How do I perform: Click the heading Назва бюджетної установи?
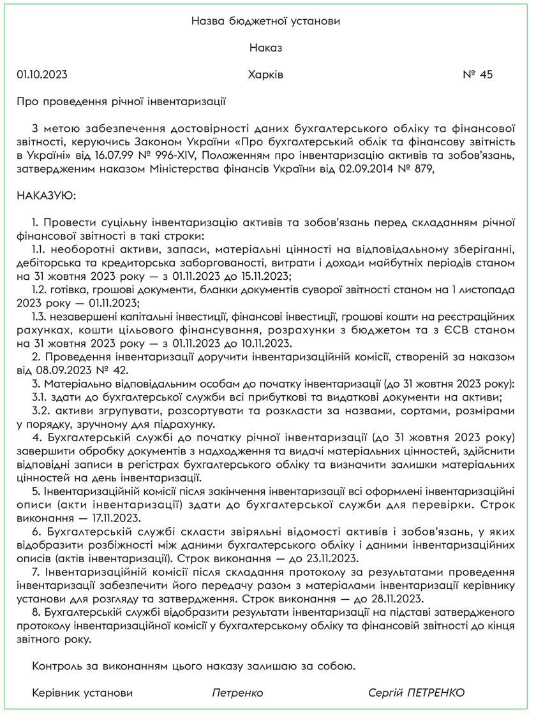[266, 21]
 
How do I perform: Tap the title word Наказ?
[266, 48]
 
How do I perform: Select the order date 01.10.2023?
[42, 75]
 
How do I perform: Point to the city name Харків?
[266, 75]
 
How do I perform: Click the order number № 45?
[478, 75]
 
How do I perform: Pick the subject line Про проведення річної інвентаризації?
[122, 101]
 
